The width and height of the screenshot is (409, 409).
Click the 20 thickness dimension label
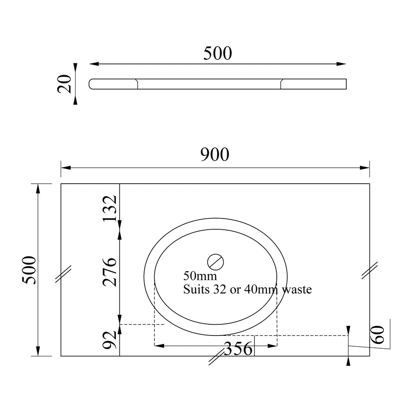[x=64, y=84]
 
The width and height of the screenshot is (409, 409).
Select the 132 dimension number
[x=109, y=208]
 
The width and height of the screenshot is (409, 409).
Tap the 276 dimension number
[x=109, y=272]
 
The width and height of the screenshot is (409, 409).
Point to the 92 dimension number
[x=109, y=340]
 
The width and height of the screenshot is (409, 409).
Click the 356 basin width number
[x=238, y=349]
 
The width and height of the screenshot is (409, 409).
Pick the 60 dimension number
[x=377, y=335]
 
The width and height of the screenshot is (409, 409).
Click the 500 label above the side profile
[x=218, y=53]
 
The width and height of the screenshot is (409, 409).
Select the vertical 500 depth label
[x=29, y=270]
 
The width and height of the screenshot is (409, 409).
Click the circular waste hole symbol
[x=215, y=262]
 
